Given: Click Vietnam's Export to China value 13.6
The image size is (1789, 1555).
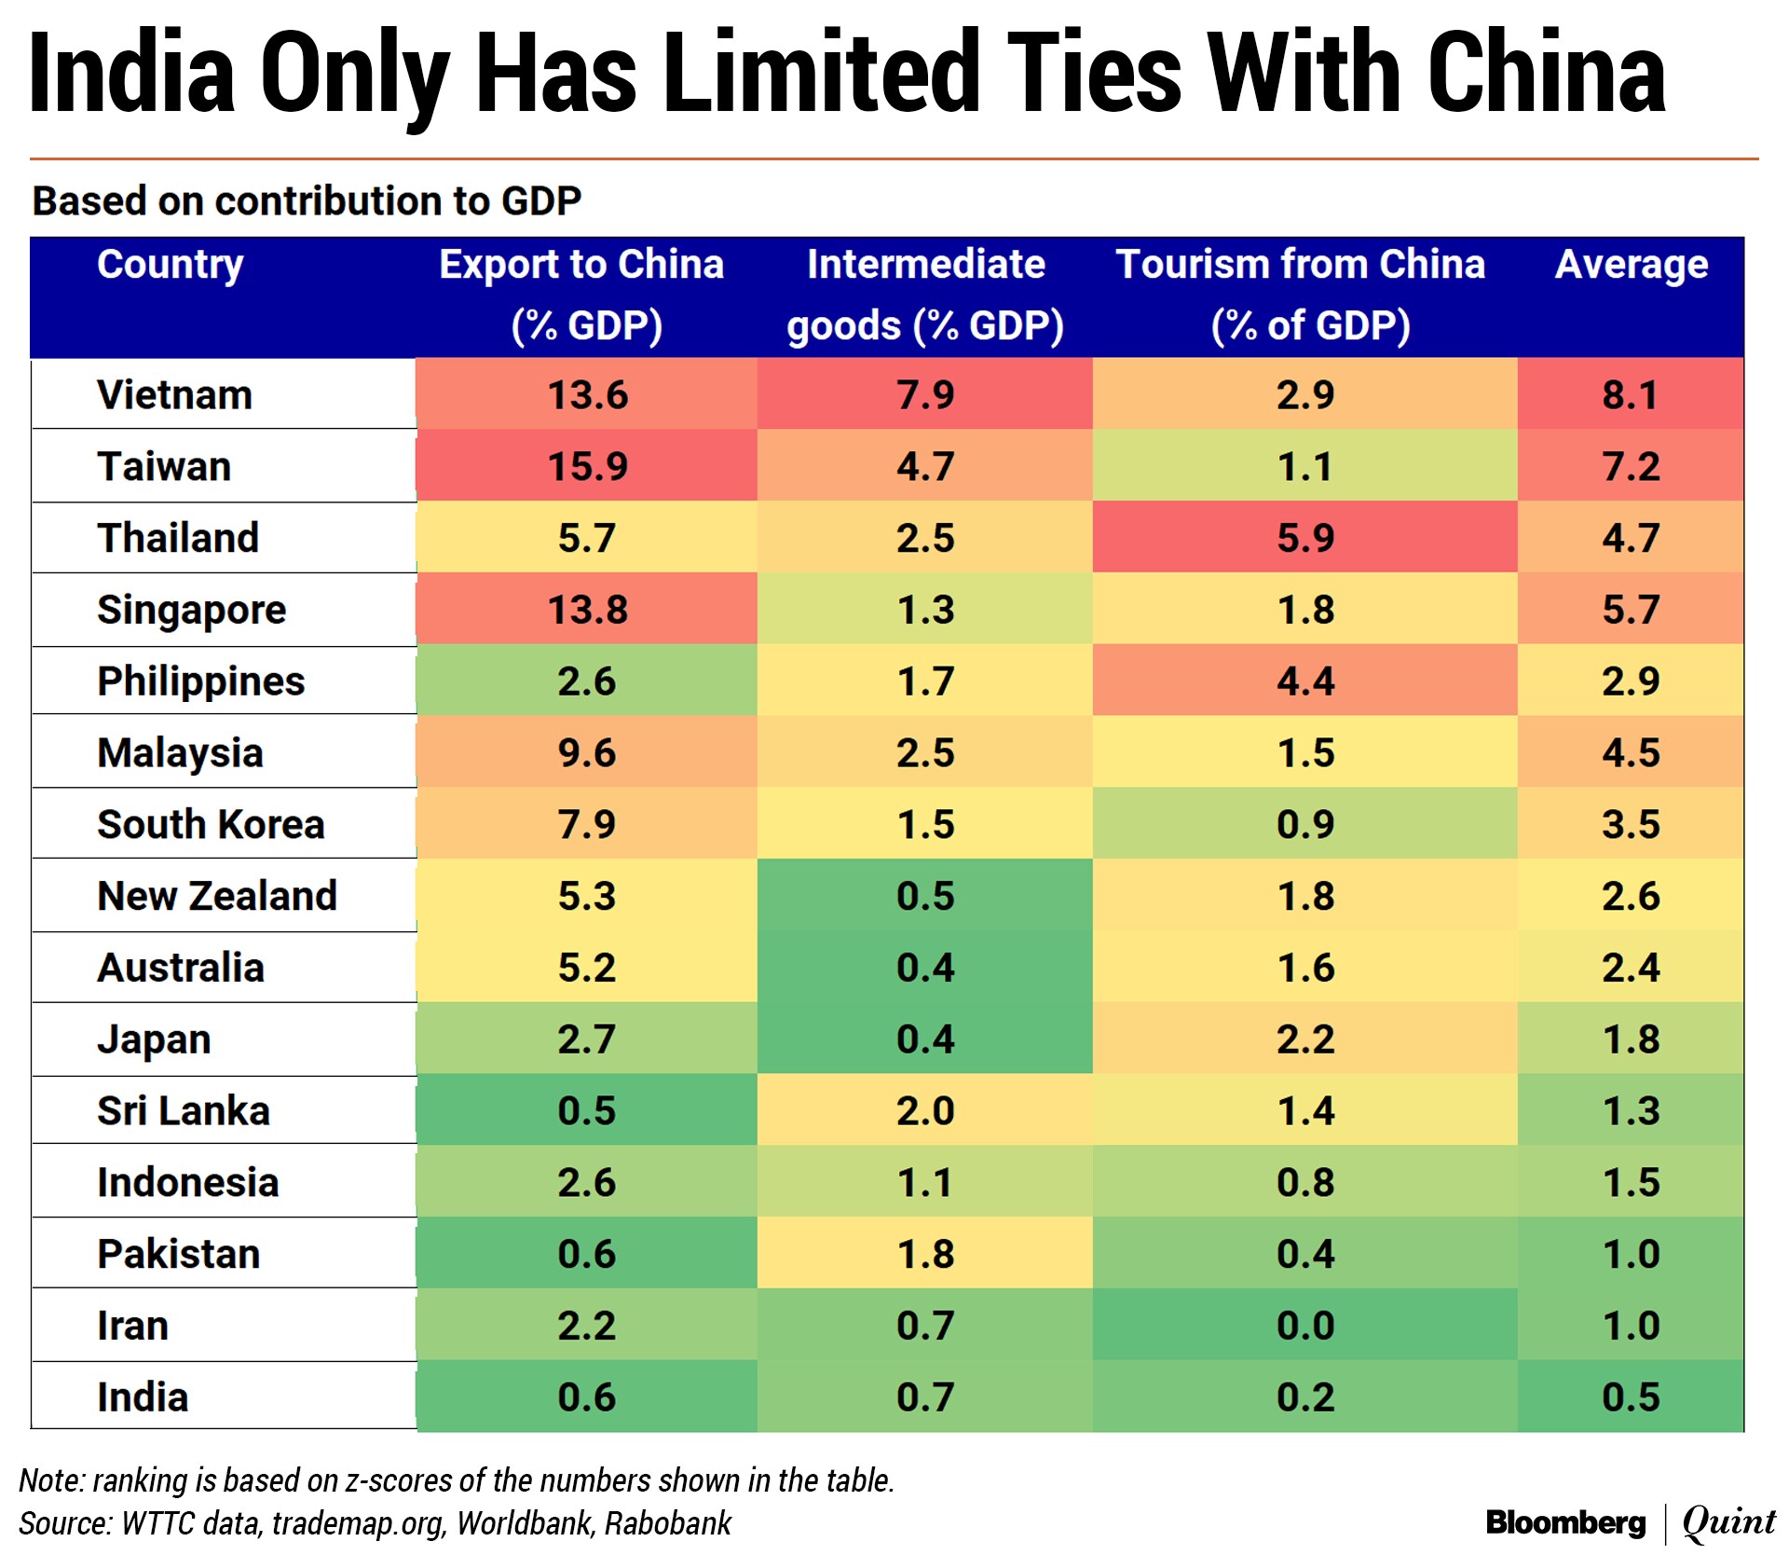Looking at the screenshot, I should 587,395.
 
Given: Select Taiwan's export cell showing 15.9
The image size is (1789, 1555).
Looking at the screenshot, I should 587,466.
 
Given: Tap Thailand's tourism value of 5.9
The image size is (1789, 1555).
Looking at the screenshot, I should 1304,538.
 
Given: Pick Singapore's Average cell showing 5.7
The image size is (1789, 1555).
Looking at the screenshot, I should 1631,610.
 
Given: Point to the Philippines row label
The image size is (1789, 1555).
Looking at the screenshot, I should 200,681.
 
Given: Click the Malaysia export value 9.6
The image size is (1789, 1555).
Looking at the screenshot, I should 587,753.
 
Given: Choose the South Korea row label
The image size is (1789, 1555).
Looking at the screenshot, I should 211,825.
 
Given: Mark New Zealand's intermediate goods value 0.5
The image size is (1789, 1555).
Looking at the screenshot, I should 925,896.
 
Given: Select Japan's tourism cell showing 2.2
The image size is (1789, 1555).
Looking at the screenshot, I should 1304,1039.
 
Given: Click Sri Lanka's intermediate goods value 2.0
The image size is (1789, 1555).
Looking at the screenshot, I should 925,1111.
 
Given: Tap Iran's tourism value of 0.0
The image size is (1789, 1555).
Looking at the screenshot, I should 1304,1326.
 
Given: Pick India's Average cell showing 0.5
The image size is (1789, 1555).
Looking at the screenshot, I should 1631,1397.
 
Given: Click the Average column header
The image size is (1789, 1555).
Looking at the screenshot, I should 1632,265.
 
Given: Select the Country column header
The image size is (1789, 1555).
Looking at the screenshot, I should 171,265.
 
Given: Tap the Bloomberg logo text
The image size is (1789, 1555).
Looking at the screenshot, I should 1565,1522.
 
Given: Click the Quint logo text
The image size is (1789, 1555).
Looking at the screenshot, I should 1729,1522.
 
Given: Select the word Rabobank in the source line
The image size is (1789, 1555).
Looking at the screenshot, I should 668,1523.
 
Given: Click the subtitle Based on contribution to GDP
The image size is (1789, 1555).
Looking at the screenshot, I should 307,201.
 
